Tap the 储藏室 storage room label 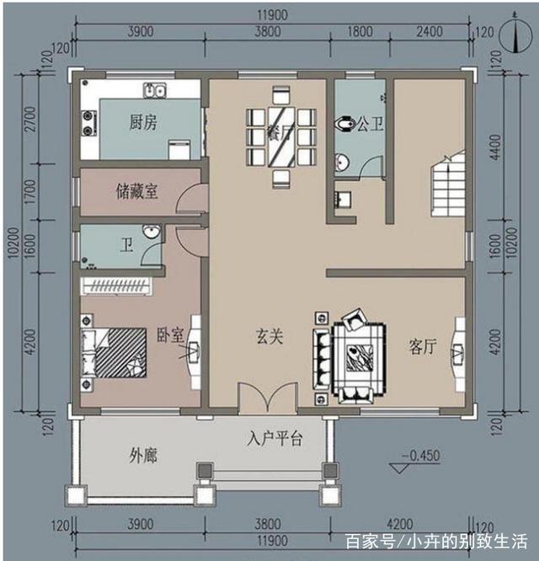[136, 192]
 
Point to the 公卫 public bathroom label [370, 125]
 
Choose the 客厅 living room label [423, 346]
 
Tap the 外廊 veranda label [143, 456]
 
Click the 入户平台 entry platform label [275, 439]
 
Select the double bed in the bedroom [114, 351]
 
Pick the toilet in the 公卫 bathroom [343, 125]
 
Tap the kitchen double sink [154, 88]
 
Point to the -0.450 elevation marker [420, 456]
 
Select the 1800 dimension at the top [360, 32]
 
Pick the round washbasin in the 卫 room [150, 232]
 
